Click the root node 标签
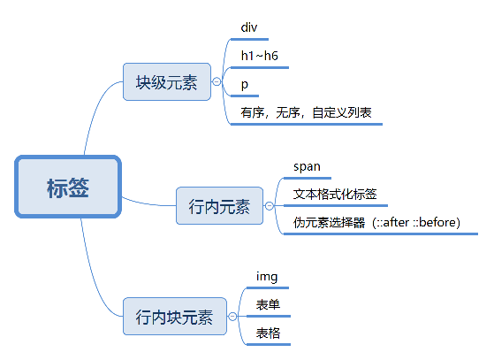click(67, 187)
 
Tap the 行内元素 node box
click(219, 206)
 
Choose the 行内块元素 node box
click(174, 316)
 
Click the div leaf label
click(249, 27)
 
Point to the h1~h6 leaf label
click(260, 55)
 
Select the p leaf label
click(244, 83)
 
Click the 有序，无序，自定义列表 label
click(306, 112)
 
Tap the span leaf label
click(307, 165)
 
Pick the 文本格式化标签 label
click(335, 194)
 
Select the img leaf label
click(267, 277)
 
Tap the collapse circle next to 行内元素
click(269, 206)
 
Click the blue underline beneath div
click(254, 38)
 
